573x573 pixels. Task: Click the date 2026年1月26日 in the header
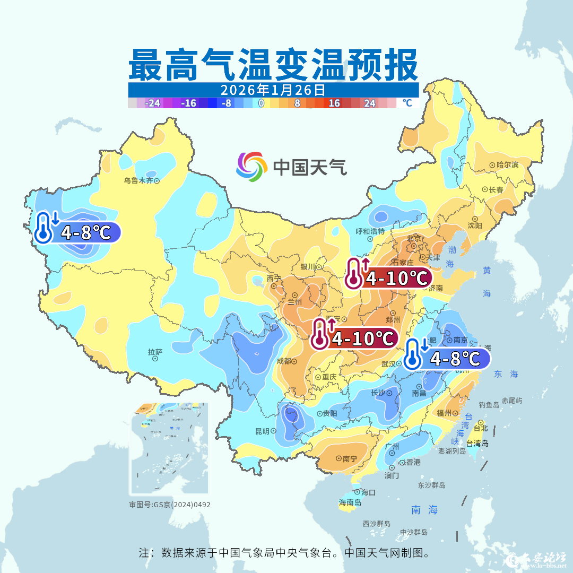[273, 90]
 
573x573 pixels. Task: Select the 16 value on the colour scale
[334, 103]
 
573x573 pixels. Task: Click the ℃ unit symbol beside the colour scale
[406, 103]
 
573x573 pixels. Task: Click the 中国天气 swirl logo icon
[251, 166]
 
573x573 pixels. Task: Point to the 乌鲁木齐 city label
[138, 180]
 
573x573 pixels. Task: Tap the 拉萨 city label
[155, 351]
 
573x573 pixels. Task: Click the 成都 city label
[284, 361]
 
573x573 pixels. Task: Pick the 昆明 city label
[262, 431]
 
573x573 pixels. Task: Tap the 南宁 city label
[349, 458]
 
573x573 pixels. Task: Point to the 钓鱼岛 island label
[489, 404]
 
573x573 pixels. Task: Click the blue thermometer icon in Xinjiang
[46, 228]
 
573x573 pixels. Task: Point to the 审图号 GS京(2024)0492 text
[169, 505]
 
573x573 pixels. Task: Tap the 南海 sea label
[424, 510]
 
